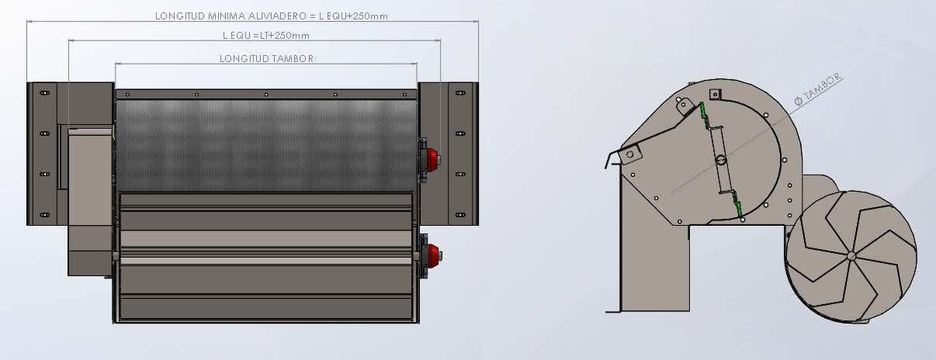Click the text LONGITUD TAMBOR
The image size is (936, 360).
point(266,58)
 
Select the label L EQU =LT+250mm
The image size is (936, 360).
point(266,36)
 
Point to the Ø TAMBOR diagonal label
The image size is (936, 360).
point(818,89)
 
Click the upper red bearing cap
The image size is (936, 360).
point(433,159)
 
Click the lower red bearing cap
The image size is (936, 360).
point(434,254)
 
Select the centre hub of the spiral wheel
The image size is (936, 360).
point(851,255)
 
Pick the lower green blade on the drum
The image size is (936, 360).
point(738,209)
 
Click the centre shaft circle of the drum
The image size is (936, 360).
point(721,159)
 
